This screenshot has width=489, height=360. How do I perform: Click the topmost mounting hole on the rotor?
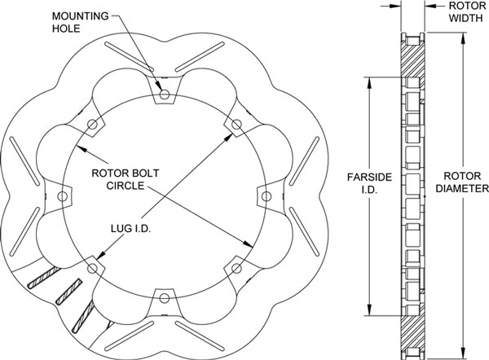pyautogui.click(x=165, y=94)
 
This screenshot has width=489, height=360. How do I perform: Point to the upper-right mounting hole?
pyautogui.click(x=236, y=124)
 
